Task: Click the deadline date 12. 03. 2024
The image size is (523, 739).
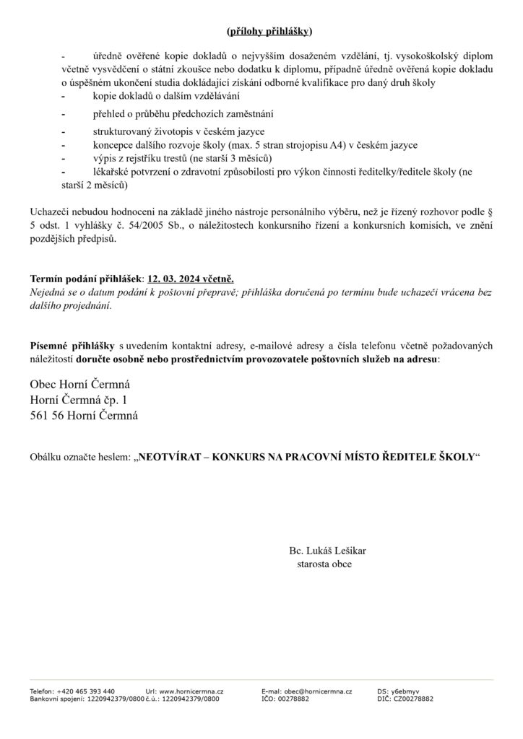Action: click(175, 279)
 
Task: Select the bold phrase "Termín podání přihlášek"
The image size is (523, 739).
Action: click(86, 279)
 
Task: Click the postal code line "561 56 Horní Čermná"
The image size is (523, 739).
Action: click(85, 416)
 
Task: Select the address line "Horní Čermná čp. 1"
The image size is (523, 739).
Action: click(82, 400)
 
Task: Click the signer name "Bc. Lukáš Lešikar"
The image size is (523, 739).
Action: click(328, 550)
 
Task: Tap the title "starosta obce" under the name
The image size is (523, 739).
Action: click(324, 564)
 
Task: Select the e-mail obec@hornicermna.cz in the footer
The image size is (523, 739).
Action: click(320, 691)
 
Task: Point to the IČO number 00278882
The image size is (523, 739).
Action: click(293, 699)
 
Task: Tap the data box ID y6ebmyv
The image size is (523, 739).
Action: click(403, 691)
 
